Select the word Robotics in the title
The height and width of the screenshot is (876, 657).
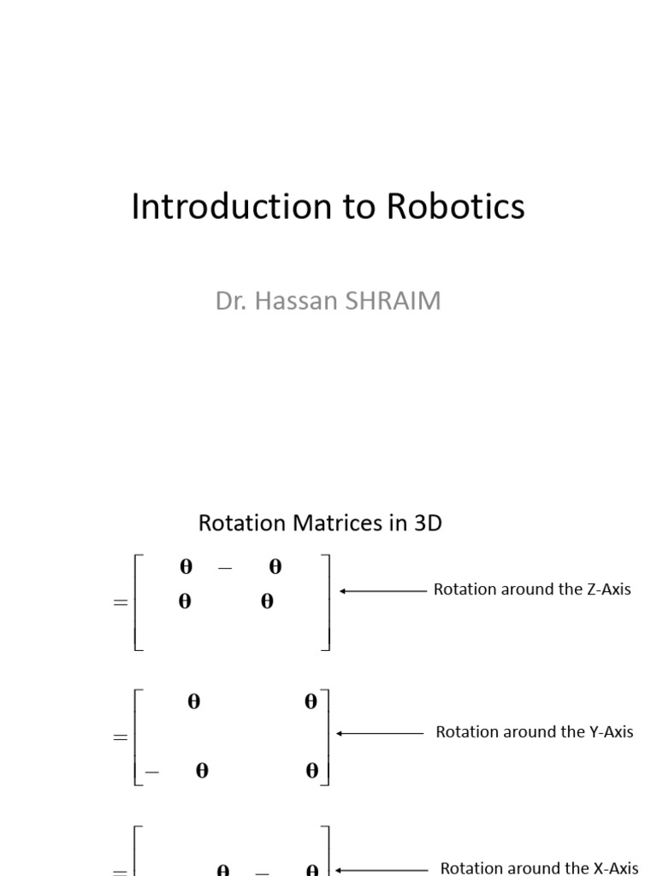455,207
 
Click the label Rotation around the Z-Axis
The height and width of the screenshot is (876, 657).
532,589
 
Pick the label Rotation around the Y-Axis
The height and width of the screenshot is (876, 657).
535,731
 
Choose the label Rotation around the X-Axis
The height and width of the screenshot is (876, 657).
539,868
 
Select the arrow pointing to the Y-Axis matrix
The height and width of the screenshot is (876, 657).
381,733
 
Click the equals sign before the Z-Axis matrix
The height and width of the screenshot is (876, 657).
120,602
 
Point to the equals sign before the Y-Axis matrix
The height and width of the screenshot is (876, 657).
120,737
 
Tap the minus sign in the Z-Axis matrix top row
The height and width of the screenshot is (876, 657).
226,568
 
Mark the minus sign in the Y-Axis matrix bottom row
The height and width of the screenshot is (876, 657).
152,772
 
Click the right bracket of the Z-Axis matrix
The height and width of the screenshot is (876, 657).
326,602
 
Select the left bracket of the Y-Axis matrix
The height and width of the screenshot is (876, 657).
139,737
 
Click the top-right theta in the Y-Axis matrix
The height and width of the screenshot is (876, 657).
311,702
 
